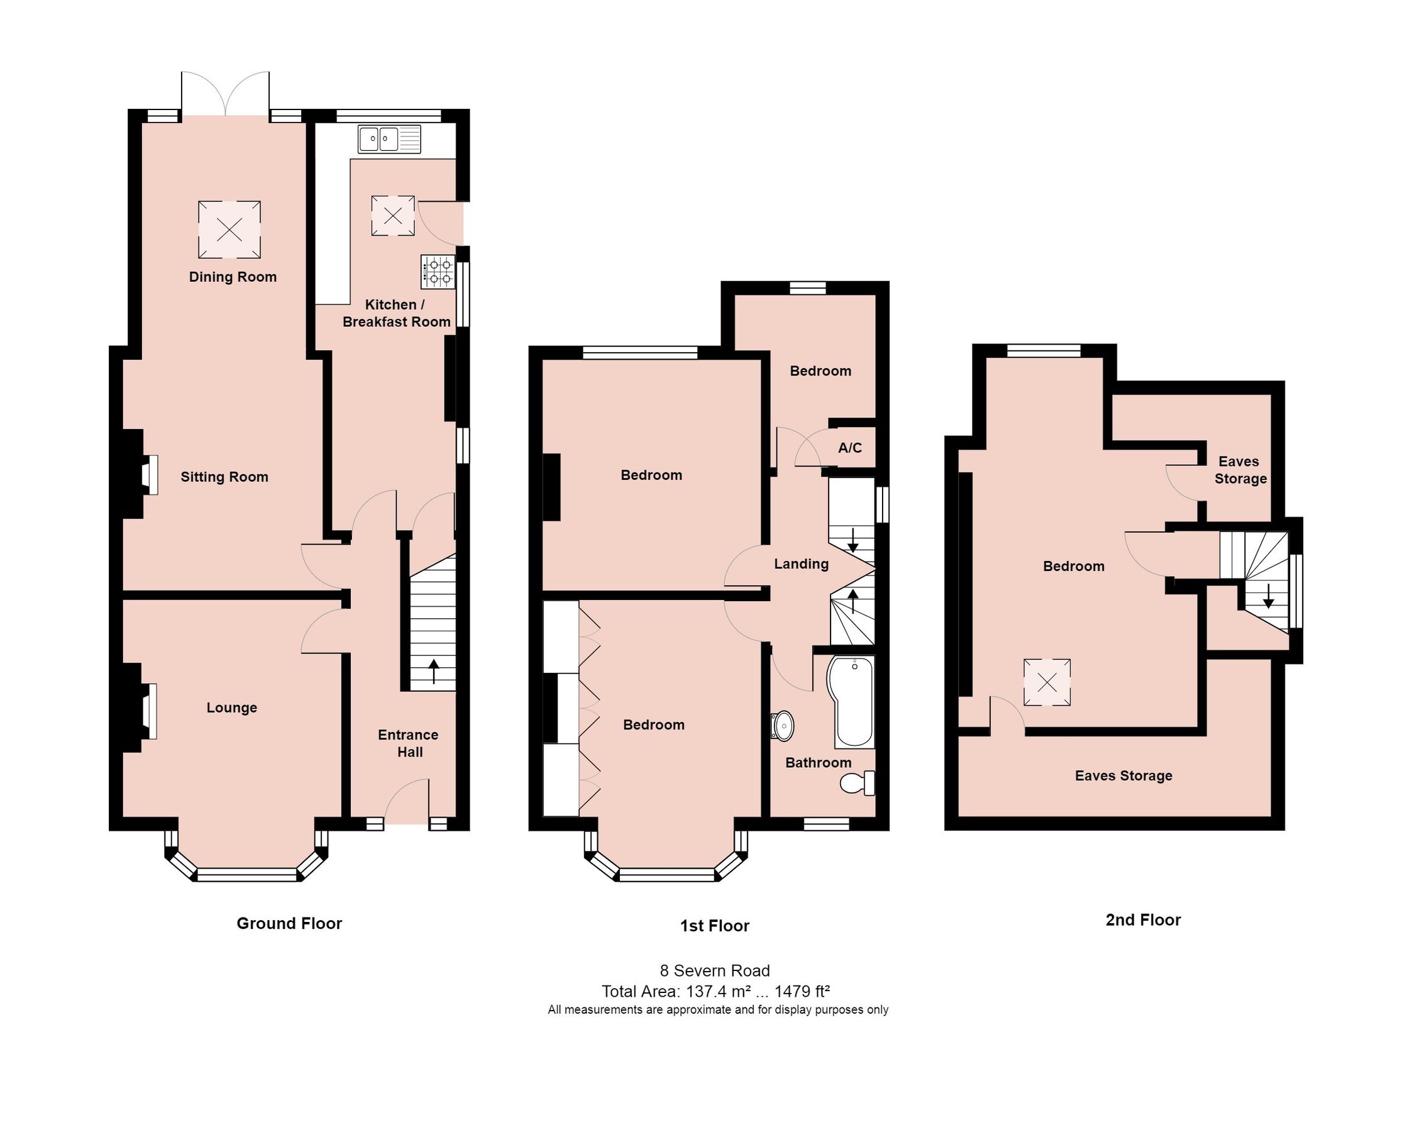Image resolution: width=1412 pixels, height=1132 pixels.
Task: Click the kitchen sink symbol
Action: [x=389, y=140]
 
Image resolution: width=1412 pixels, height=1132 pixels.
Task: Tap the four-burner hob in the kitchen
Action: [x=438, y=272]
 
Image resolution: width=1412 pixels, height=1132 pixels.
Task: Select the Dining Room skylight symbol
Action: [x=229, y=230]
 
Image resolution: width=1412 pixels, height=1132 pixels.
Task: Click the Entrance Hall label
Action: [x=409, y=743]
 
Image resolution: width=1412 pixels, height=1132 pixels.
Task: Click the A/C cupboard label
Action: [x=849, y=448]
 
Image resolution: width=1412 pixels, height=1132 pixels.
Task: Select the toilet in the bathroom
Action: [x=858, y=783]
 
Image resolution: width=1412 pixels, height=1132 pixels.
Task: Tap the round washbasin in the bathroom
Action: [x=783, y=726]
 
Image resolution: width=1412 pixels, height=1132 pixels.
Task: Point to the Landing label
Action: [x=801, y=564]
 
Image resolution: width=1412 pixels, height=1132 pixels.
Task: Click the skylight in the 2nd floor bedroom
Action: [x=1047, y=682]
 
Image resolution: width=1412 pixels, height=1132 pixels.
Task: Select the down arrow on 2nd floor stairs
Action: [x=1268, y=596]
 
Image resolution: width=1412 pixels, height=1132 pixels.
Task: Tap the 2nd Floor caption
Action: [x=1143, y=919]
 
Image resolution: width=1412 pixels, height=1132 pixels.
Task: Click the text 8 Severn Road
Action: [x=715, y=970]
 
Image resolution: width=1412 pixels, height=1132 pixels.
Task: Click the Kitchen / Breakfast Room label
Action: [x=396, y=313]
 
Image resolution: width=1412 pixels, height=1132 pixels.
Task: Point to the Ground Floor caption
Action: [x=289, y=923]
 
